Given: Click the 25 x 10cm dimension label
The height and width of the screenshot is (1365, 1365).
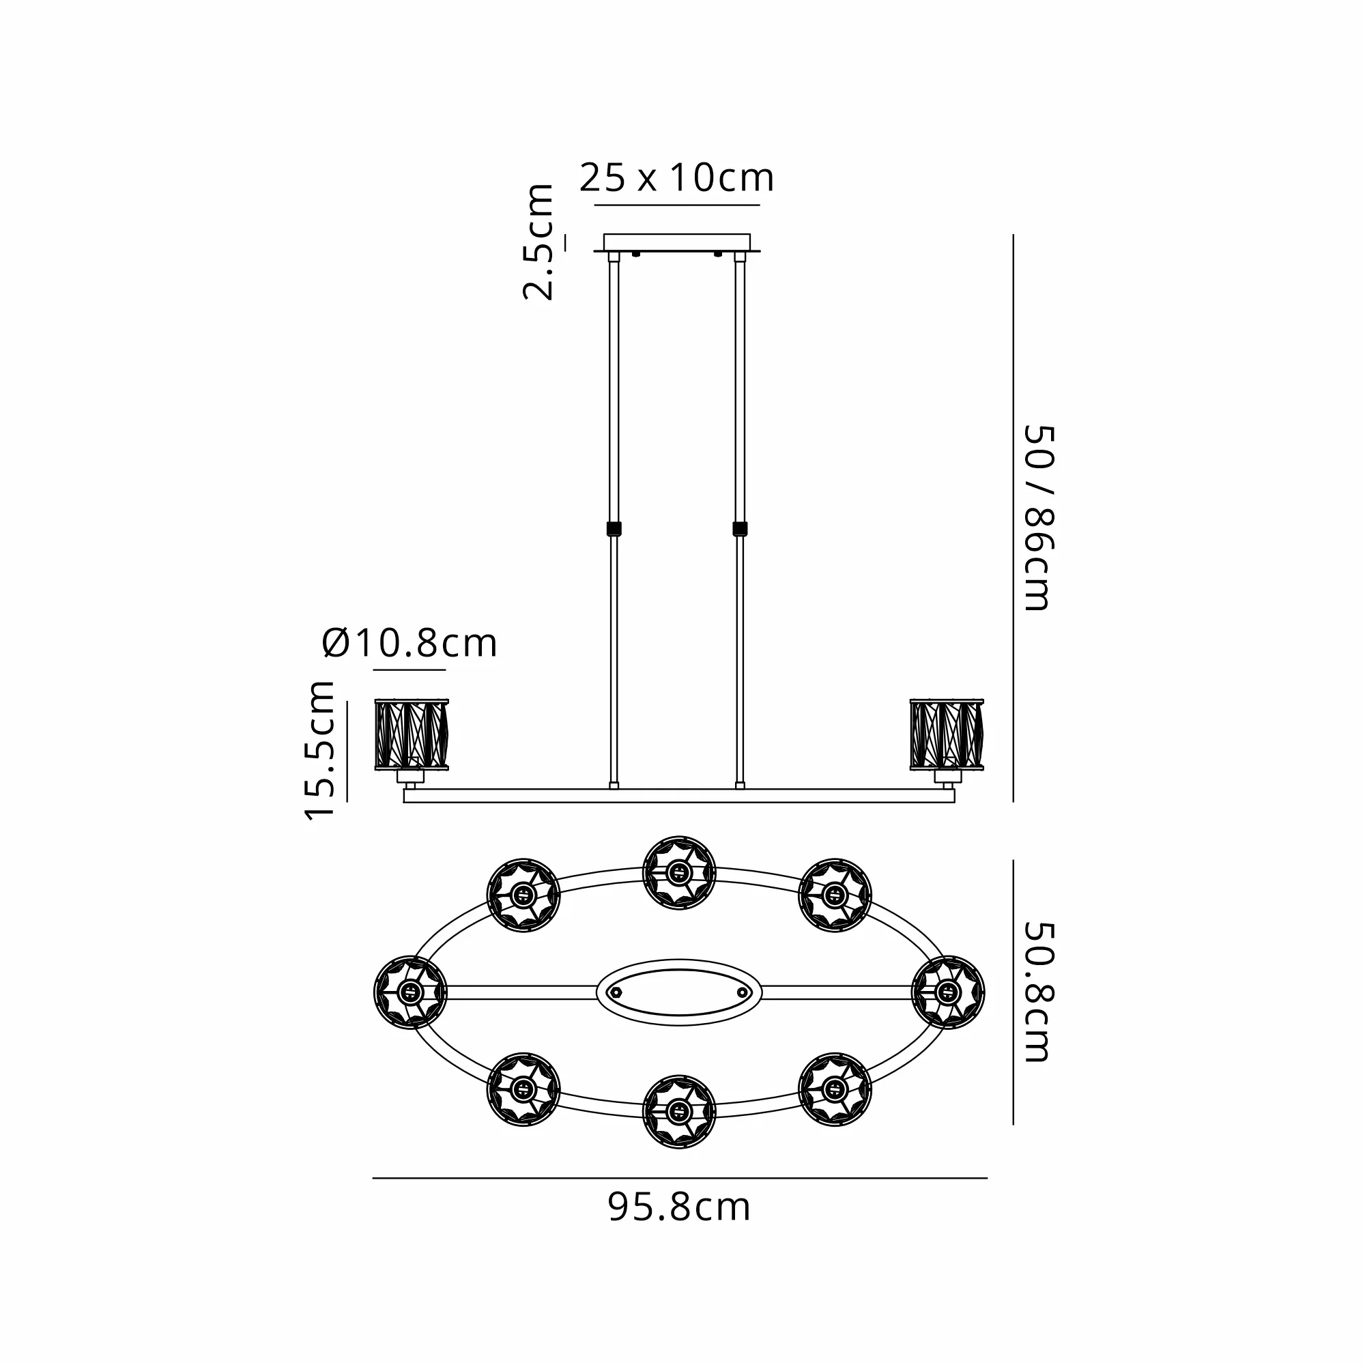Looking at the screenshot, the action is click(677, 178).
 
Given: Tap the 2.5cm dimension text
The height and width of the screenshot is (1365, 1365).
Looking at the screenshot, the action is click(538, 242).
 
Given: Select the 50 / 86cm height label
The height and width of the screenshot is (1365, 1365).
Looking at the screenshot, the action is click(1039, 518).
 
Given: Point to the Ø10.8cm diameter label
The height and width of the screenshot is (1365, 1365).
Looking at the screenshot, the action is click(409, 643).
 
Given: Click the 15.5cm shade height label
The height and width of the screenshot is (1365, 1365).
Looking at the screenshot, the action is click(319, 750).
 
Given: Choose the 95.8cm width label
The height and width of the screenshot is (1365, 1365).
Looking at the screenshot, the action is click(679, 1207).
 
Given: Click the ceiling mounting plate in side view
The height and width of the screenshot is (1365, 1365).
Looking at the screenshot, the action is click(677, 243).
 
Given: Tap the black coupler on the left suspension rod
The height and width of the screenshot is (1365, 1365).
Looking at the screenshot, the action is click(614, 528).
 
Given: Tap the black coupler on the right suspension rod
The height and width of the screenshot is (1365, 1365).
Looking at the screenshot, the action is click(740, 528).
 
